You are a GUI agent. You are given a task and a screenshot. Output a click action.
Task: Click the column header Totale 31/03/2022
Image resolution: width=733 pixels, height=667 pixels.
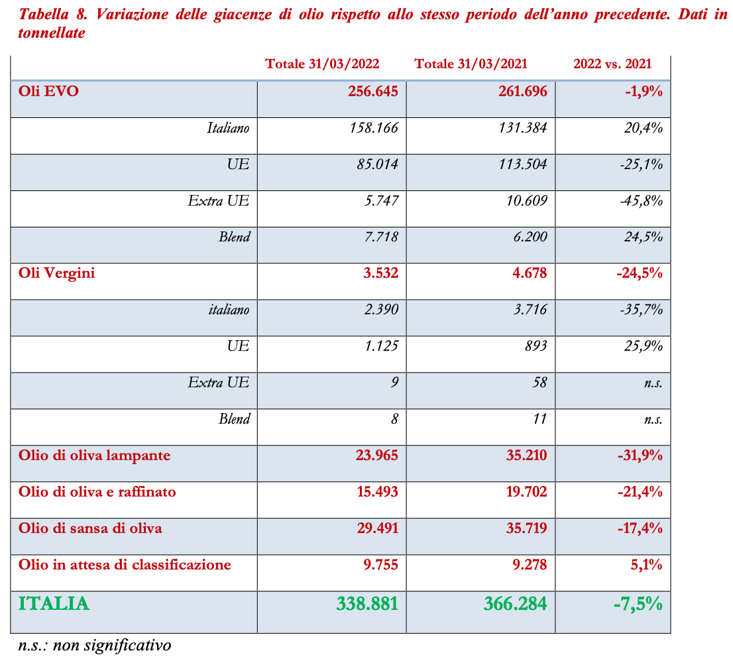[x=322, y=64]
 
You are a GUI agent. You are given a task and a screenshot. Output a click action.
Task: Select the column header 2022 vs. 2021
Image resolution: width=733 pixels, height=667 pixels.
[x=612, y=64]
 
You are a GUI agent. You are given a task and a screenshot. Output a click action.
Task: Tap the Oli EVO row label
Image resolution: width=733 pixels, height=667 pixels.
[x=49, y=91]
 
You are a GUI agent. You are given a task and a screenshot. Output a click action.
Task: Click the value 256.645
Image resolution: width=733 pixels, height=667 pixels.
[x=373, y=91]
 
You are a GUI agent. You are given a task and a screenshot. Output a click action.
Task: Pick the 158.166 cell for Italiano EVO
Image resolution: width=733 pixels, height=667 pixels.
[x=374, y=128]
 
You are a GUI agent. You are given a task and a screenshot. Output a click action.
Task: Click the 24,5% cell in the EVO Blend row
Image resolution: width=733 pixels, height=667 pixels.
[x=644, y=237]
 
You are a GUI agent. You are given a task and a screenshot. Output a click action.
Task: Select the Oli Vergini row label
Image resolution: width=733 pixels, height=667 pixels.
[x=57, y=273]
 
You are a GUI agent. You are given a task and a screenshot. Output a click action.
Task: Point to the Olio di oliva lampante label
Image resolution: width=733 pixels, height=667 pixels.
[x=95, y=455]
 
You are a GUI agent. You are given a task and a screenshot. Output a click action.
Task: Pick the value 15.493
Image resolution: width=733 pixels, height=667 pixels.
[x=377, y=492]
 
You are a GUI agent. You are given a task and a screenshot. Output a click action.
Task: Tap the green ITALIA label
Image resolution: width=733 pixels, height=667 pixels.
[x=54, y=603]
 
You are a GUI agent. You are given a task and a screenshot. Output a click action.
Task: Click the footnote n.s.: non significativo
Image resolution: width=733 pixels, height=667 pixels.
[x=95, y=645]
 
